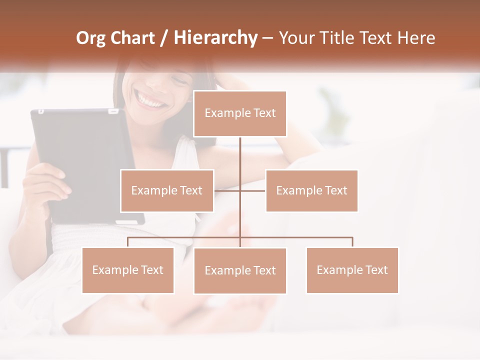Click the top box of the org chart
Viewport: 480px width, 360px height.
[x=240, y=113]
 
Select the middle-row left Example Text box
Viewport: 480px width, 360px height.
[x=167, y=190]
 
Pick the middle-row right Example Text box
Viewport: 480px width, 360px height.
[x=311, y=190]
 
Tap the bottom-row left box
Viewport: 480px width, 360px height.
[x=127, y=270]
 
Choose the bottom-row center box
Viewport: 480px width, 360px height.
[x=240, y=270]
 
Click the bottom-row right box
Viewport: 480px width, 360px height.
[x=352, y=270]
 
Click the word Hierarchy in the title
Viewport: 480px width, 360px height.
[x=215, y=38]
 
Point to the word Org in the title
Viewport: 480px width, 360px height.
[x=90, y=38]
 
